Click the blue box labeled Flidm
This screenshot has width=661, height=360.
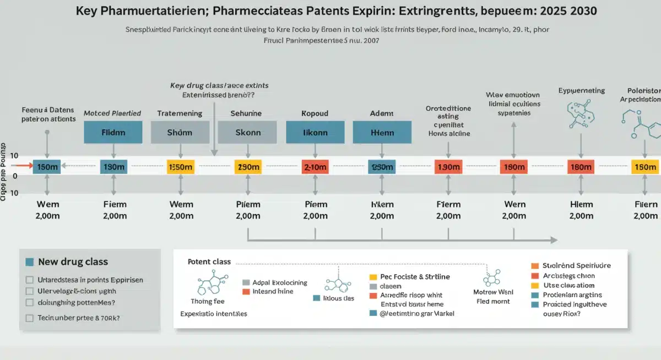[x=113, y=132]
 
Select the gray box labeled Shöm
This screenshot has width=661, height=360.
[x=180, y=132]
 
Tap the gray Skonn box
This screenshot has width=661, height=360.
[x=247, y=132]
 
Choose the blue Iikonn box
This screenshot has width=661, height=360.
[x=315, y=132]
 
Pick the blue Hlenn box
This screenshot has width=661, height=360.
[x=382, y=132]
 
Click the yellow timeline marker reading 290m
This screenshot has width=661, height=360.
[x=247, y=167]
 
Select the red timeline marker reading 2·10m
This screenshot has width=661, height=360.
[x=315, y=167]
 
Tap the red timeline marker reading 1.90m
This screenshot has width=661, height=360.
[x=448, y=167]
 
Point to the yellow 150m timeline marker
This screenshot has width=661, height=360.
[x=645, y=167]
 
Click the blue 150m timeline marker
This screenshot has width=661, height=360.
[x=47, y=167]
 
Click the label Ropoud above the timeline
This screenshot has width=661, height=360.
[x=315, y=113]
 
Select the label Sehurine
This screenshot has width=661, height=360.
[x=246, y=113]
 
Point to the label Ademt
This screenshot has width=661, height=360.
[x=382, y=113]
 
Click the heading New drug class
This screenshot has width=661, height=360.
[x=73, y=262]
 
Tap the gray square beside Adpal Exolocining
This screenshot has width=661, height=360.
[x=247, y=282]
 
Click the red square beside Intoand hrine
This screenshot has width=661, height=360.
[x=247, y=291]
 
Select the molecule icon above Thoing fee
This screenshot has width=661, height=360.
[x=208, y=285]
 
